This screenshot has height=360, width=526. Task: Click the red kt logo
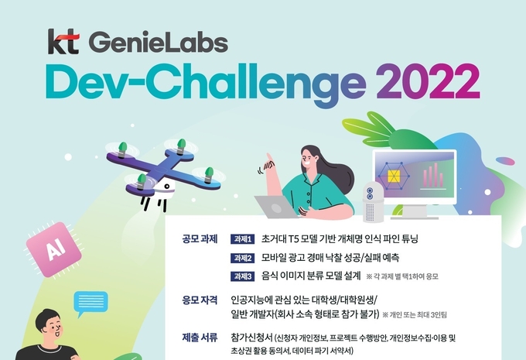pyautogui.click(x=63, y=42)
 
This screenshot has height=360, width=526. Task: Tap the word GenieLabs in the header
pyautogui.click(x=159, y=43)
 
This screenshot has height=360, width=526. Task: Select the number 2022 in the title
pyautogui.click(x=428, y=81)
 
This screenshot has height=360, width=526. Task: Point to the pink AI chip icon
pyautogui.click(x=54, y=249)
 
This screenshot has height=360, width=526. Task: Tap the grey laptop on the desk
pyautogui.click(x=275, y=207)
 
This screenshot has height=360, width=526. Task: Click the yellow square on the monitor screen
pyautogui.click(x=393, y=176)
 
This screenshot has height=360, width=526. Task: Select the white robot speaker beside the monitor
pyautogui.click(x=373, y=202)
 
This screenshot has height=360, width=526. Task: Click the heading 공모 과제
pyautogui.click(x=200, y=239)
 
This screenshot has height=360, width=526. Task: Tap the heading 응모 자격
pyautogui.click(x=200, y=300)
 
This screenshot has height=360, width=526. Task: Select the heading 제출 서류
pyautogui.click(x=200, y=338)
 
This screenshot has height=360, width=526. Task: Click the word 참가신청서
pyautogui.click(x=251, y=338)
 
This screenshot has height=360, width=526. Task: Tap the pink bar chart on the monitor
pyautogui.click(x=432, y=176)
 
